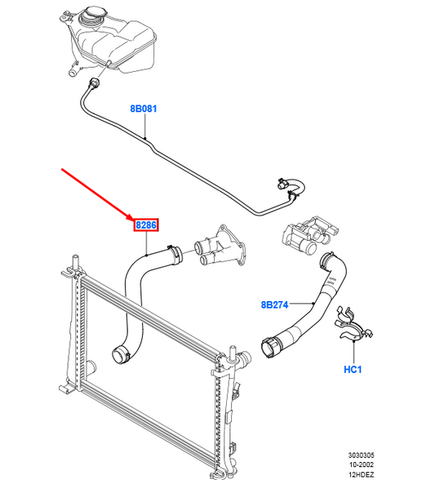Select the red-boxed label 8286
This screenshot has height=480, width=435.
click(146, 224)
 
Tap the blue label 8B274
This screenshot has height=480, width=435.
click(275, 304)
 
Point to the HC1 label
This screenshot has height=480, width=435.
click(352, 368)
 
